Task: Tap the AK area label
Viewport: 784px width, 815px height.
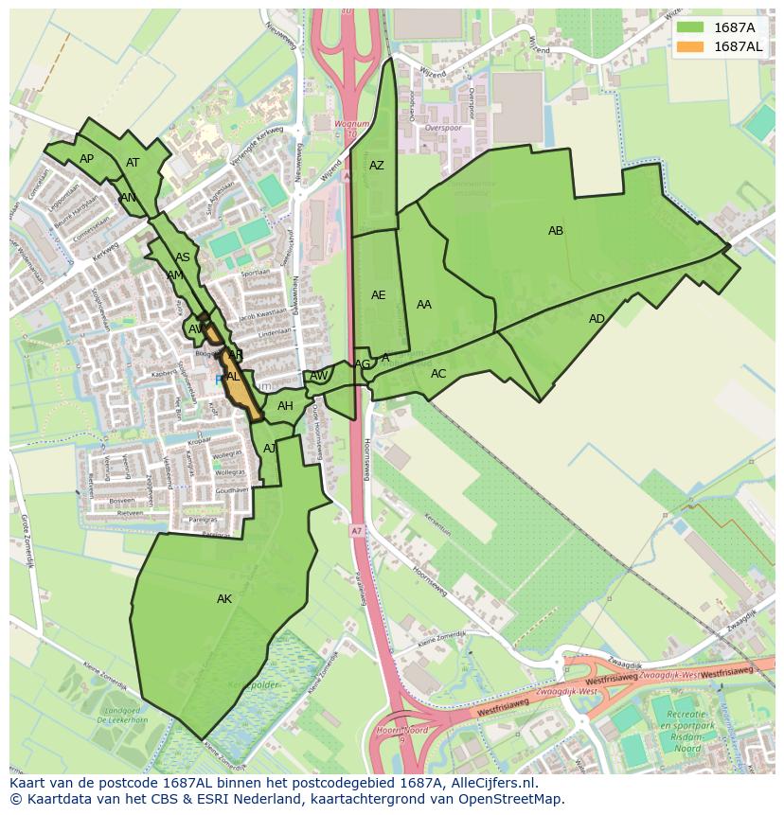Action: pyautogui.click(x=224, y=599)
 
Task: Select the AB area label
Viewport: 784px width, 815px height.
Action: pyautogui.click(x=556, y=231)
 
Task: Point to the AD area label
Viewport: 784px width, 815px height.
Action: pyautogui.click(x=597, y=319)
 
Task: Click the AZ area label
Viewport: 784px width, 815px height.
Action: pyautogui.click(x=377, y=166)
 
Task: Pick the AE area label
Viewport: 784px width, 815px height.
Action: pyautogui.click(x=378, y=295)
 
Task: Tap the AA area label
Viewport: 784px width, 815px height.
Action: pyautogui.click(x=424, y=305)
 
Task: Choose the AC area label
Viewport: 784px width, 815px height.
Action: pyautogui.click(x=438, y=374)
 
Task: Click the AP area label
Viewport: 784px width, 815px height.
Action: pyautogui.click(x=86, y=159)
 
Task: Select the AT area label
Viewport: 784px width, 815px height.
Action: pyautogui.click(x=133, y=163)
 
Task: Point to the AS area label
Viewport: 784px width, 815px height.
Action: pyautogui.click(x=183, y=257)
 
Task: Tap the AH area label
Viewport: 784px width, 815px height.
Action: pyautogui.click(x=285, y=406)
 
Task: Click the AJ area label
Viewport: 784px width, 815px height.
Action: pyautogui.click(x=270, y=448)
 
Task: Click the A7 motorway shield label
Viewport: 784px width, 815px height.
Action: pyautogui.click(x=355, y=530)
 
